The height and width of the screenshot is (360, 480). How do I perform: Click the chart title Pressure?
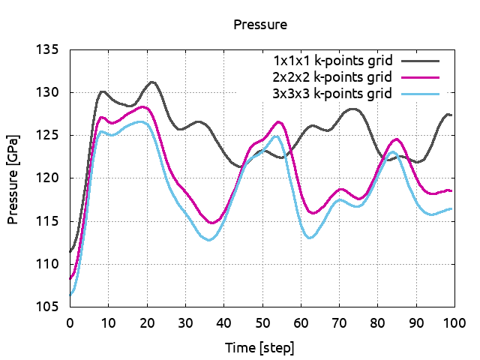click(x=260, y=25)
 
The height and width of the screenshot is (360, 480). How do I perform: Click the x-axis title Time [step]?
click(x=260, y=348)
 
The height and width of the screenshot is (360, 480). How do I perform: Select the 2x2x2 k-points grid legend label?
click(x=332, y=76)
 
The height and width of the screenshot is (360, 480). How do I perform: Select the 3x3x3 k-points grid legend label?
click(x=332, y=94)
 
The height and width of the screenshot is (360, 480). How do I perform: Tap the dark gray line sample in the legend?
click(x=420, y=59)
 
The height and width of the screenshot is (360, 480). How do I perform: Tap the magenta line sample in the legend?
click(x=420, y=76)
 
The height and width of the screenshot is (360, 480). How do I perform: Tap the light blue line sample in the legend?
click(x=420, y=94)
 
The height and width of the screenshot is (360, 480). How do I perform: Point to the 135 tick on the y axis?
click(x=70, y=50)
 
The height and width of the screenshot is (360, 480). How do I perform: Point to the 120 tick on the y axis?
click(x=70, y=178)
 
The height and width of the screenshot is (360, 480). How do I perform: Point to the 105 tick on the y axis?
click(x=70, y=307)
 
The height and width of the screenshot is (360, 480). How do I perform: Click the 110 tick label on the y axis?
click(x=49, y=264)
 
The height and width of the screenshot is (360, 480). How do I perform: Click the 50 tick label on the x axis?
click(x=262, y=322)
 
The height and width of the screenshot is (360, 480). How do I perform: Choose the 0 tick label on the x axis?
click(x=70, y=322)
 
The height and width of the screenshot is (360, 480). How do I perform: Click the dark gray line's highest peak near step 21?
click(x=151, y=82)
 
